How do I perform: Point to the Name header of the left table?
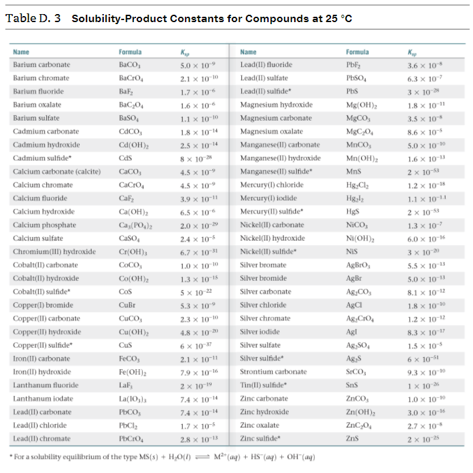point(21,52)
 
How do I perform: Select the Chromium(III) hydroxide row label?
point(54,252)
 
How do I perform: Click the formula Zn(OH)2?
point(360,413)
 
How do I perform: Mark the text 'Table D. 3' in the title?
point(33,18)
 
